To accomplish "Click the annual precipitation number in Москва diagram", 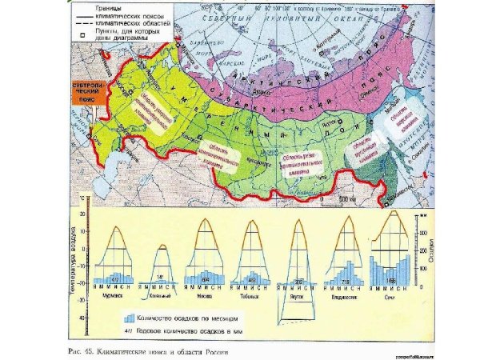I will (x=206, y=278).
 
